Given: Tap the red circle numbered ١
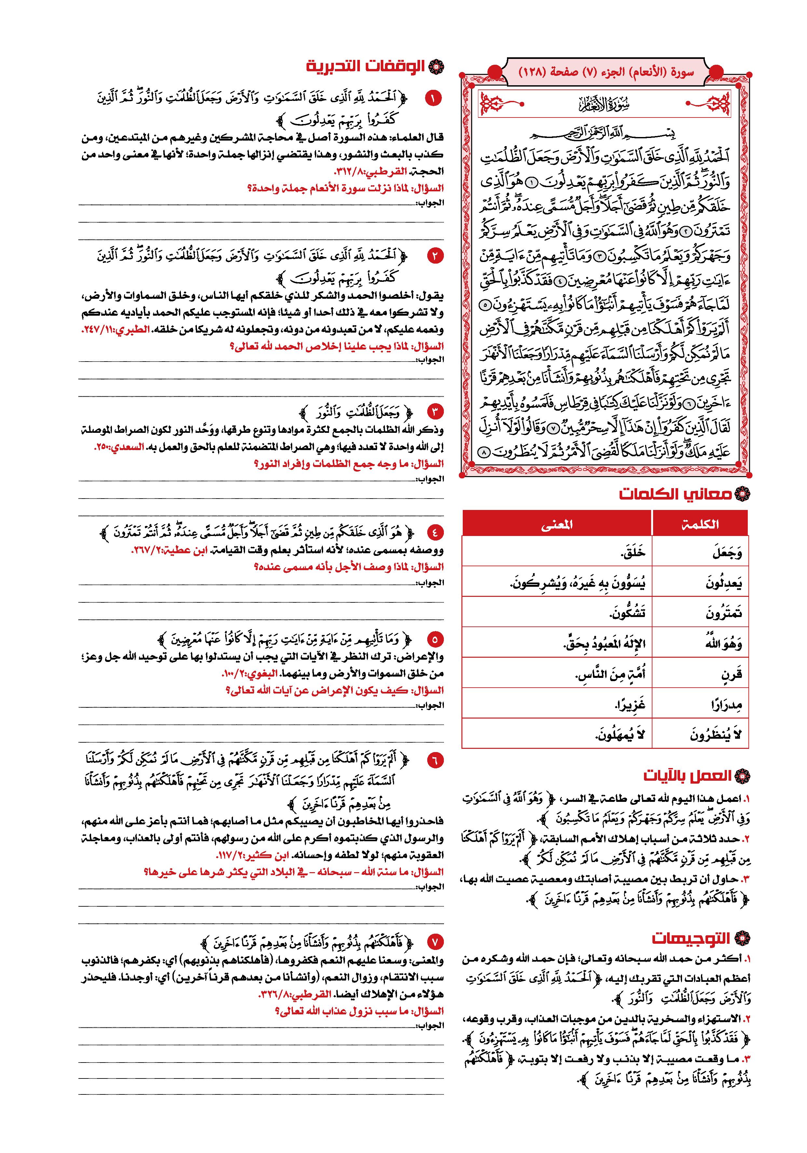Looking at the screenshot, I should click(433, 98).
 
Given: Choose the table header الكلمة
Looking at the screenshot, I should click(701, 524).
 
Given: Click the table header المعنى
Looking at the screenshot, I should click(556, 524).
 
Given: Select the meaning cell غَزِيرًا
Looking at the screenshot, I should click(623, 705).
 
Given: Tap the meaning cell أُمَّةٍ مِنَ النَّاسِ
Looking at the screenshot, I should click(610, 674).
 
